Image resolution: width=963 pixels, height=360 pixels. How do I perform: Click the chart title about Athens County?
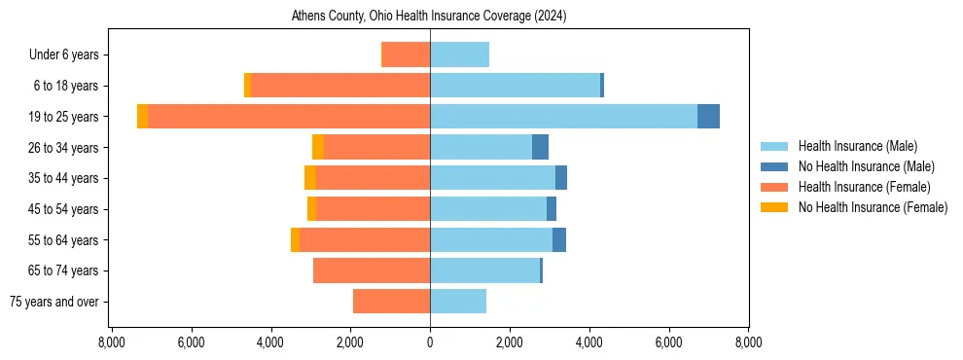tap(429, 17)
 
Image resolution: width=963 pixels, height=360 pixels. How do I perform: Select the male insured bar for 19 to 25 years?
tap(563, 116)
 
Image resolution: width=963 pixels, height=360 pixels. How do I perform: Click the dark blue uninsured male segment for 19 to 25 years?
tap(708, 116)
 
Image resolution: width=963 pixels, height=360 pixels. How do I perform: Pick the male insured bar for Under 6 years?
tap(459, 54)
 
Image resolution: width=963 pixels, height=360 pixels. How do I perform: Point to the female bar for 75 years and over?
tap(391, 302)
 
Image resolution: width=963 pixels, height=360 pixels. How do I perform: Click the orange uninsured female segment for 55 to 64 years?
tap(295, 239)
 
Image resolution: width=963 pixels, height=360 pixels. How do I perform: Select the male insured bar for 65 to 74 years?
tap(484, 270)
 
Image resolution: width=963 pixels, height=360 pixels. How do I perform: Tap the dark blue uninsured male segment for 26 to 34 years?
tap(540, 147)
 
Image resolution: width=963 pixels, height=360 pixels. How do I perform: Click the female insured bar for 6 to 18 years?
tap(340, 86)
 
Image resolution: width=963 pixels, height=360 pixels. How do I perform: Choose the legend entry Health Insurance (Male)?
tap(856, 146)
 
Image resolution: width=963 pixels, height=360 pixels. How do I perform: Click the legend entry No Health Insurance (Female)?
tap(872, 207)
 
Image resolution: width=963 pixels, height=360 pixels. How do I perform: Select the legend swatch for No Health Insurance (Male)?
tap(774, 166)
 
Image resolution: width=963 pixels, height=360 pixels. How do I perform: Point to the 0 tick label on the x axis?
tap(430, 342)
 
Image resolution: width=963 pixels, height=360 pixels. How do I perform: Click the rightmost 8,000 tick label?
tap(748, 342)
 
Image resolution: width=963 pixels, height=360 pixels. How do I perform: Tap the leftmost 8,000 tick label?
tap(112, 342)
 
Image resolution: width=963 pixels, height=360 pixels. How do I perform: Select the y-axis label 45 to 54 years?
tap(64, 209)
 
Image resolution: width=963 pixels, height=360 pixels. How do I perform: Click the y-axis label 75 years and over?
tap(54, 302)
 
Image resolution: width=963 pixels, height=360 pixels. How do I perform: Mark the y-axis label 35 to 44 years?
tap(64, 178)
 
